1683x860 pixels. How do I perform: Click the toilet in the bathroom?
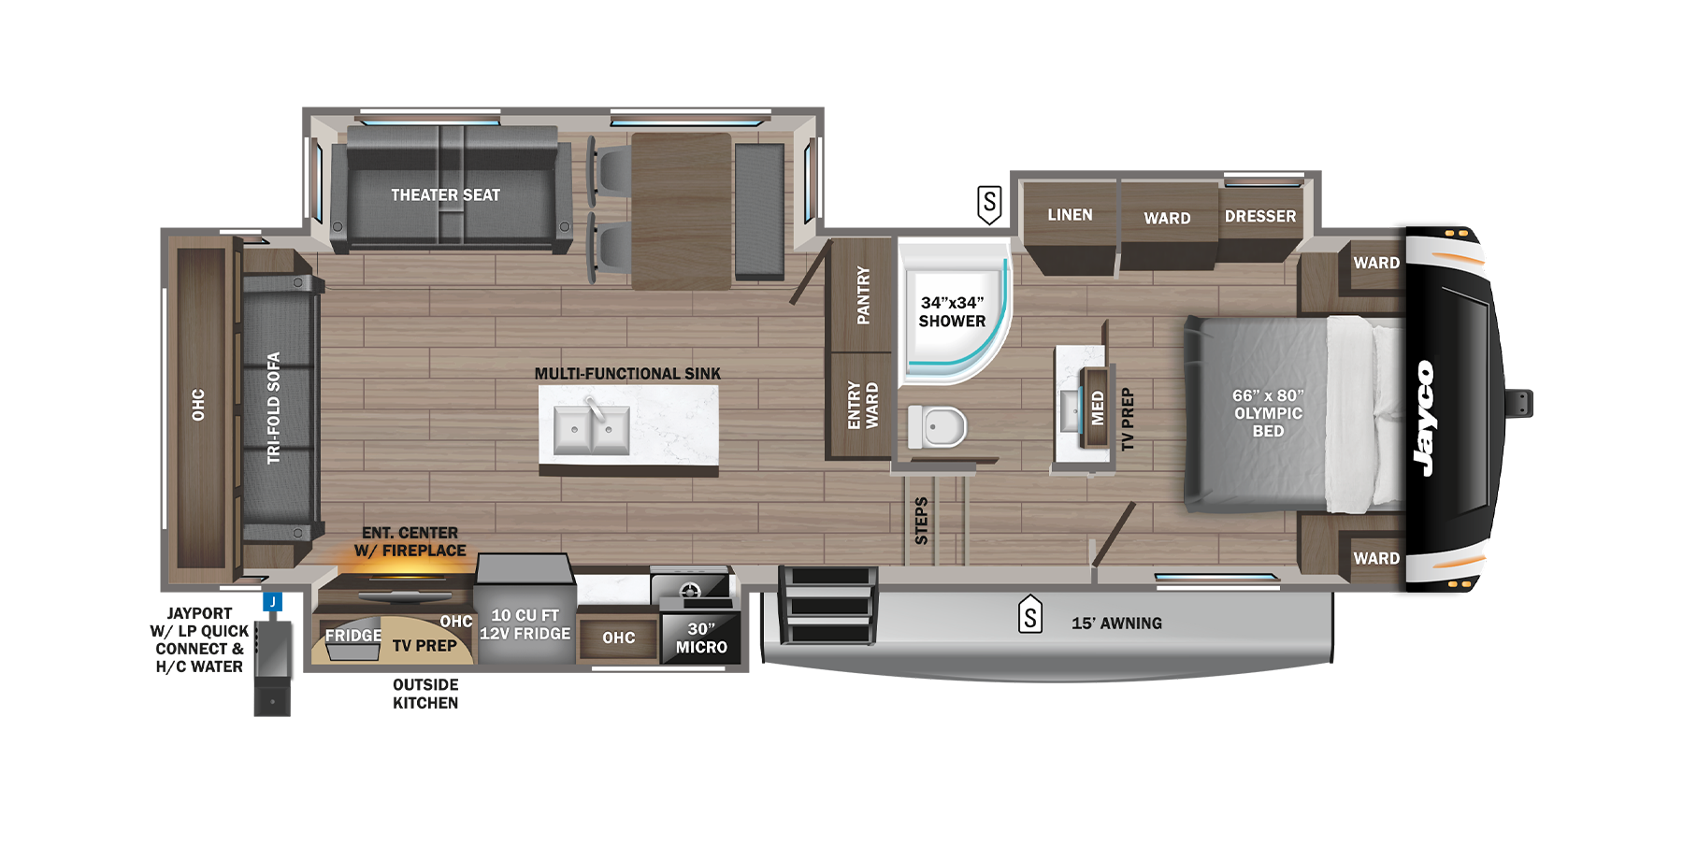(937, 427)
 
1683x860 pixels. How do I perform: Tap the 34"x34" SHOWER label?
(952, 312)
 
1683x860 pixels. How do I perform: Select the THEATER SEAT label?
(445, 195)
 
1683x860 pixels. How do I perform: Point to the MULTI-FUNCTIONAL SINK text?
(627, 374)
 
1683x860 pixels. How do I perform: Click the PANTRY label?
(863, 295)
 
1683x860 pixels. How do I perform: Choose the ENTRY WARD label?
(862, 406)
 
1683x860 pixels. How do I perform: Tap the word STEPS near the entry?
(921, 521)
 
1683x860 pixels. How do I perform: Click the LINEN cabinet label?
(1070, 215)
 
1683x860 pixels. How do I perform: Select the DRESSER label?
(1260, 216)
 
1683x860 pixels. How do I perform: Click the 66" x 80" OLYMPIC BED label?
(1268, 413)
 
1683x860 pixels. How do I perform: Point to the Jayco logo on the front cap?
(1424, 418)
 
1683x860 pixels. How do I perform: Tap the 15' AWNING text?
(1116, 623)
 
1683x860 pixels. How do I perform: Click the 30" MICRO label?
(701, 638)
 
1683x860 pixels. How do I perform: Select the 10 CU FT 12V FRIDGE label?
(525, 624)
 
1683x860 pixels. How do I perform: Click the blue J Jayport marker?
(273, 602)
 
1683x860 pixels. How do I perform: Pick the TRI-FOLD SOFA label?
(273, 408)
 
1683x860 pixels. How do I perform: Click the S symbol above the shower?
(989, 203)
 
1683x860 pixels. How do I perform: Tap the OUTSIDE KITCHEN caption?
(425, 694)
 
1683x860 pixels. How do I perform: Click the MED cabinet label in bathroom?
(1098, 408)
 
